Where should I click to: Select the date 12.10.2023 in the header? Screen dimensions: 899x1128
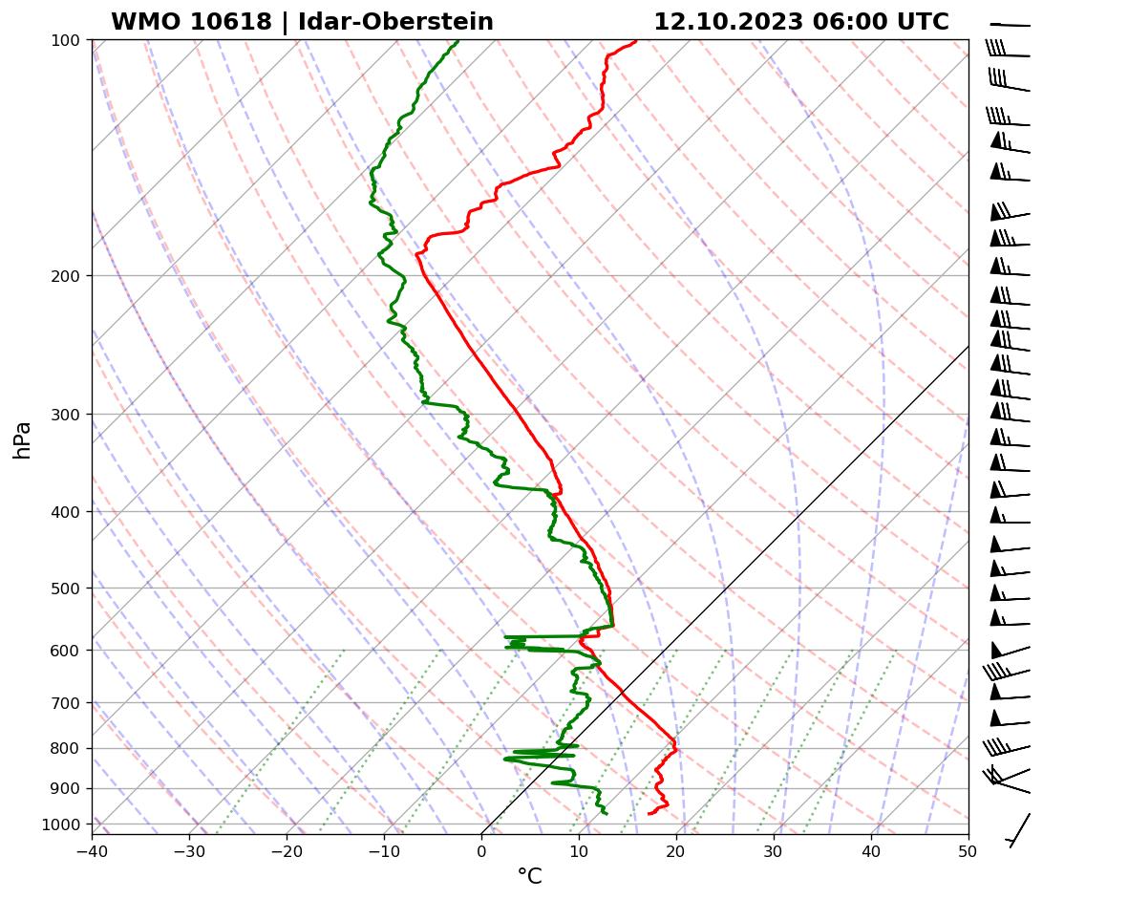(x=728, y=22)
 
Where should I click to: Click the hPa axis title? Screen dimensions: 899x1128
(x=23, y=439)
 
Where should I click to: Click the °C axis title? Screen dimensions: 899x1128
(x=529, y=876)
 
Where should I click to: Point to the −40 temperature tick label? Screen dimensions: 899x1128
(x=92, y=850)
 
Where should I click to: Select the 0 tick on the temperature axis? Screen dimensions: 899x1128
(x=481, y=850)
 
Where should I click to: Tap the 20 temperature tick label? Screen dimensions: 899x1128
(x=676, y=850)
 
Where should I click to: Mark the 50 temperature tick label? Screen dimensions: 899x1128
(x=968, y=850)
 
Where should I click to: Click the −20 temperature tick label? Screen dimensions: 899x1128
(x=287, y=850)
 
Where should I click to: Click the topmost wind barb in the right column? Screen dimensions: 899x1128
(x=1011, y=25)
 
